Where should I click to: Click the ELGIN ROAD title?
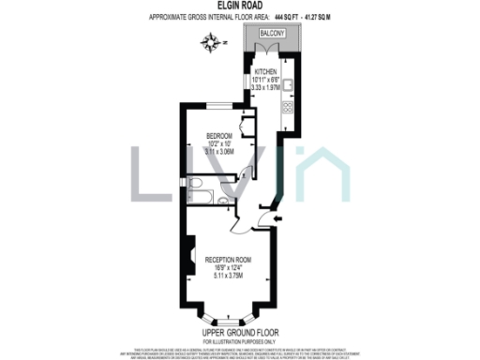pyautogui.click(x=240, y=6)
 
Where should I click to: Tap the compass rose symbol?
pyautogui.click(x=214, y=41)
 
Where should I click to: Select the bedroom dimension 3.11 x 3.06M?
pyautogui.click(x=219, y=151)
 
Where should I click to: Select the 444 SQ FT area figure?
pyautogui.click(x=290, y=16)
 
